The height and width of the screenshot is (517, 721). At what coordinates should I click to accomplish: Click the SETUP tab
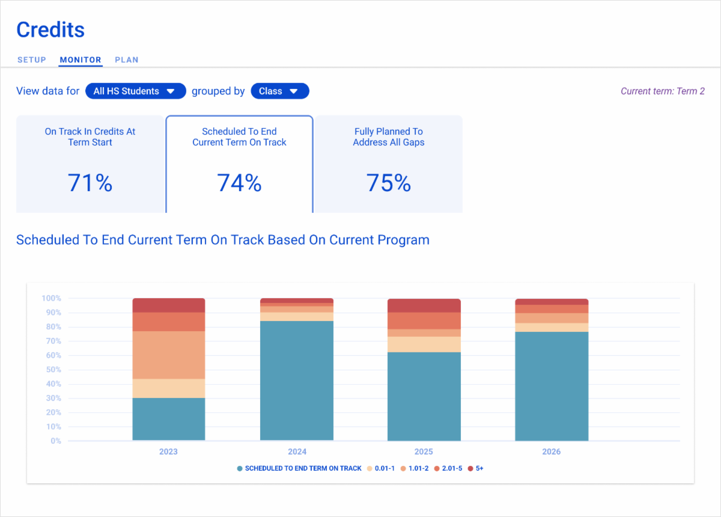pos(31,60)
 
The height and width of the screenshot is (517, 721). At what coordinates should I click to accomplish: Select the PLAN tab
pos(127,60)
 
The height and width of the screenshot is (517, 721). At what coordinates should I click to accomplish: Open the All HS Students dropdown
pos(136,91)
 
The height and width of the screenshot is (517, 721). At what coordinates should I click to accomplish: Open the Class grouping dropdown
pos(279,91)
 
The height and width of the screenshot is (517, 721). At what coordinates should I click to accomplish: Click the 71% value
pos(90,183)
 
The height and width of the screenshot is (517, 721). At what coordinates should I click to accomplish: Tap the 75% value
pos(389,183)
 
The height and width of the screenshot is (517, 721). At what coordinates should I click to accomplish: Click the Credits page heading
pos(50,29)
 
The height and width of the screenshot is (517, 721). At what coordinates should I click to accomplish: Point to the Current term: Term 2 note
pos(662,91)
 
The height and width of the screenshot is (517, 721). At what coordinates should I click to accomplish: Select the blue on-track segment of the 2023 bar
pos(168,419)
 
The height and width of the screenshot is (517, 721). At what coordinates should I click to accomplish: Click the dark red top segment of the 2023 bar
pos(168,305)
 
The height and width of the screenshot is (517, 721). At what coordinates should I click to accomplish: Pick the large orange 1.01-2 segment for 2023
pos(168,355)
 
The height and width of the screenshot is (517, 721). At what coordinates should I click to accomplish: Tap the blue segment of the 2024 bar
pos(297,381)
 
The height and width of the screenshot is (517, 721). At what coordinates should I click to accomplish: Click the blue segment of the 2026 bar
pos(552,386)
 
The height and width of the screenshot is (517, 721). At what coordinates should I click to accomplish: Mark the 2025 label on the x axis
pos(424,451)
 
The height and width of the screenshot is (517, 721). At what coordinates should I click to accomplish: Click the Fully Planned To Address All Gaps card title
pos(389,137)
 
